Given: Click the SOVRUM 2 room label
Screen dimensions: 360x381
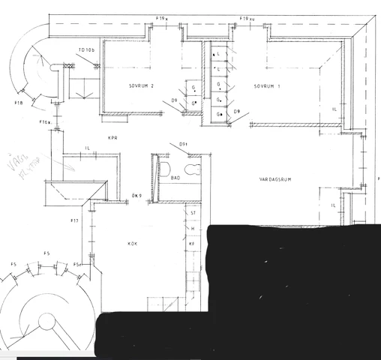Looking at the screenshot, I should tap(141, 85).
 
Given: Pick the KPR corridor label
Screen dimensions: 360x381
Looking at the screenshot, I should tap(114, 137).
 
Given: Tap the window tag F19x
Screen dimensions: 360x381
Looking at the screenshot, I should tap(162, 17).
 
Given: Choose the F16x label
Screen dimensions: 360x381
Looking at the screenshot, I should tap(45, 122).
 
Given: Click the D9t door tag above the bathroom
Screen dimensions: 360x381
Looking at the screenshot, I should tap(182, 144).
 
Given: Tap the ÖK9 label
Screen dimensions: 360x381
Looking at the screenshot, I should tap(137, 197).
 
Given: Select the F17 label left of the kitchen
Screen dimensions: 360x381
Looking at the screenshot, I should tap(74, 220).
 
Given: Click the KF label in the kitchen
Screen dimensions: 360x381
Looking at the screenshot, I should tap(191, 244).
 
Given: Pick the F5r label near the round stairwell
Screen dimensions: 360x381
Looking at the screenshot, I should tap(77, 265).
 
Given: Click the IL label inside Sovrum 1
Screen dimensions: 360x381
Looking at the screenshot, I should tap(333, 109).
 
